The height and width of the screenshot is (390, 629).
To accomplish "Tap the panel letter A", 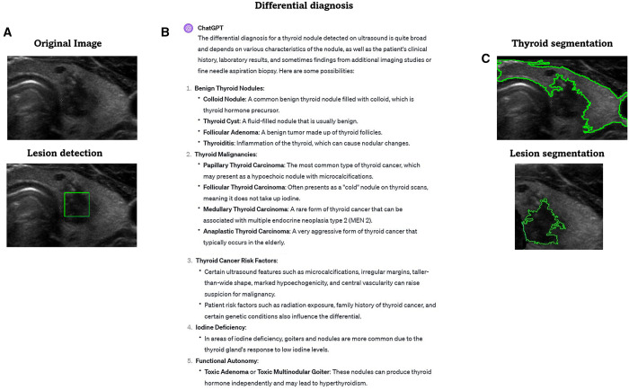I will pos(8,33).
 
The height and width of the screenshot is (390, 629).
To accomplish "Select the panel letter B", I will pos(164,33).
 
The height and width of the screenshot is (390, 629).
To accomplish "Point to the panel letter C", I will pos(486,59).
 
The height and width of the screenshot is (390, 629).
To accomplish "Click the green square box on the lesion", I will pos(77,205).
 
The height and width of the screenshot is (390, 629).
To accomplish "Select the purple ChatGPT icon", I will pos(189,29).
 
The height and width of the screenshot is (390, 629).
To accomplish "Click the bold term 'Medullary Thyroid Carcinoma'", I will pos(253,209).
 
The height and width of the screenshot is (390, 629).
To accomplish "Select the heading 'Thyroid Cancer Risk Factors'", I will pos(243,260).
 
